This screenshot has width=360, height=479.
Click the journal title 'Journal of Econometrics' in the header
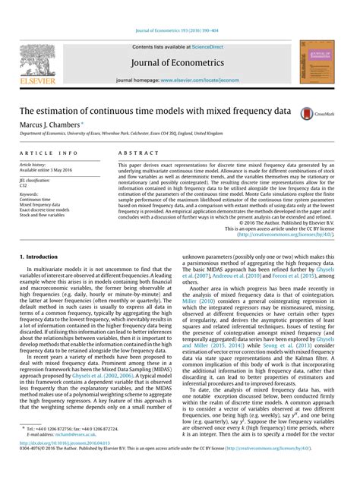(x=180, y=62)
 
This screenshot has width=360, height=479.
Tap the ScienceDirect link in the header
(x=211, y=46)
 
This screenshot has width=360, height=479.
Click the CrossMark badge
(x=317, y=112)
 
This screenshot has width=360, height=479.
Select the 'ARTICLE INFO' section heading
(x=48, y=153)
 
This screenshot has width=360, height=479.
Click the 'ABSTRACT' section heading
(x=134, y=153)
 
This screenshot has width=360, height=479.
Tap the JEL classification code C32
(x=24, y=184)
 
